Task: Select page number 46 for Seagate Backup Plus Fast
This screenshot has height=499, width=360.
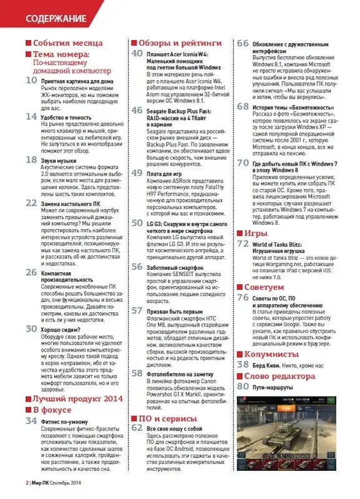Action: (137, 109)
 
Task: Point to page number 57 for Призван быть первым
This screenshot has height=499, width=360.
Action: (137, 310)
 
